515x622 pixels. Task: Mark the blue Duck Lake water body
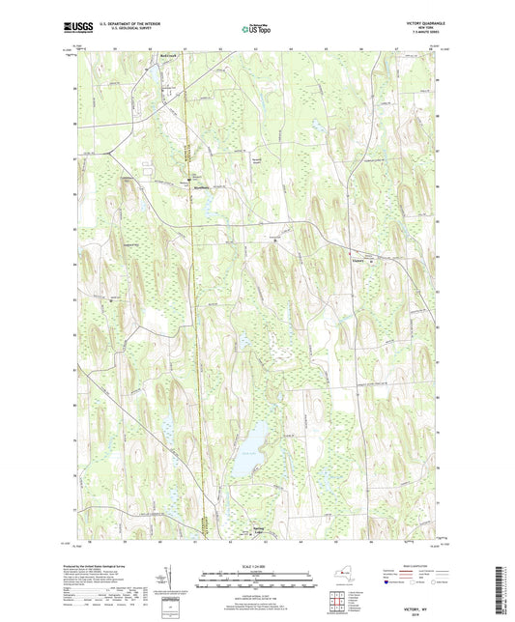point(249,452)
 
